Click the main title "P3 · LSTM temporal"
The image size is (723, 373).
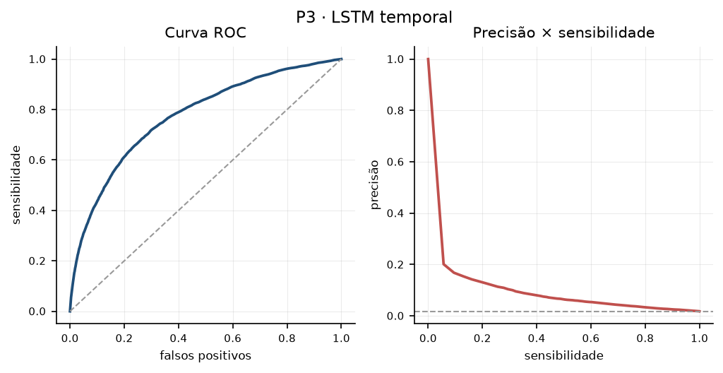pyautogui.click(x=374, y=18)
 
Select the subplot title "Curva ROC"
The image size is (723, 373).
pyautogui.click(x=205, y=33)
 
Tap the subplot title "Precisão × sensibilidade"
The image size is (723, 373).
pyautogui.click(x=563, y=33)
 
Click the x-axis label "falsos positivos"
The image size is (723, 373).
pyautogui.click(x=205, y=355)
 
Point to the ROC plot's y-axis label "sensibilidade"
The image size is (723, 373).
pyautogui.click(x=17, y=184)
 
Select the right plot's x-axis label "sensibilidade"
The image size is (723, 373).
pyautogui.click(x=563, y=355)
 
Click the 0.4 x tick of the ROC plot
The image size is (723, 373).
pyautogui.click(x=179, y=338)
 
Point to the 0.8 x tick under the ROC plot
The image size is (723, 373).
pyautogui.click(x=287, y=338)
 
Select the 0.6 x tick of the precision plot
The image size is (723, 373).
pyautogui.click(x=591, y=338)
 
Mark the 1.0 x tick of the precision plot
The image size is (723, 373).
pyautogui.click(x=700, y=338)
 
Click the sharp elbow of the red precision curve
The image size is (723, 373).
pyautogui.click(x=443, y=264)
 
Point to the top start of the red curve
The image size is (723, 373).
pyautogui.click(x=428, y=59)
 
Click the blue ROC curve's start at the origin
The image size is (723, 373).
pyautogui.click(x=70, y=311)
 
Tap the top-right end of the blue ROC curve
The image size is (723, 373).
pyautogui.click(x=341, y=59)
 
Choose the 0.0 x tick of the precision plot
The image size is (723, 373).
pyautogui.click(x=428, y=338)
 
